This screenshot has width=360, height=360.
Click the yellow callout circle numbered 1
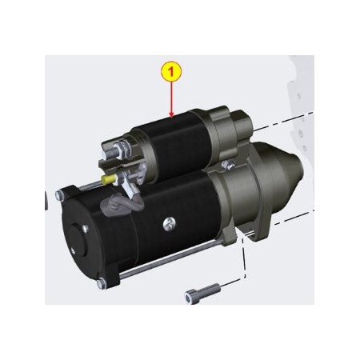click(x=170, y=71)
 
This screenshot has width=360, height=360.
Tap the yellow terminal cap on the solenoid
click(x=106, y=182)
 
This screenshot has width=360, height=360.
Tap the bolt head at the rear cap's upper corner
click(x=60, y=194)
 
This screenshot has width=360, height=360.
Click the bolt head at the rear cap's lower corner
click(x=98, y=283)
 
